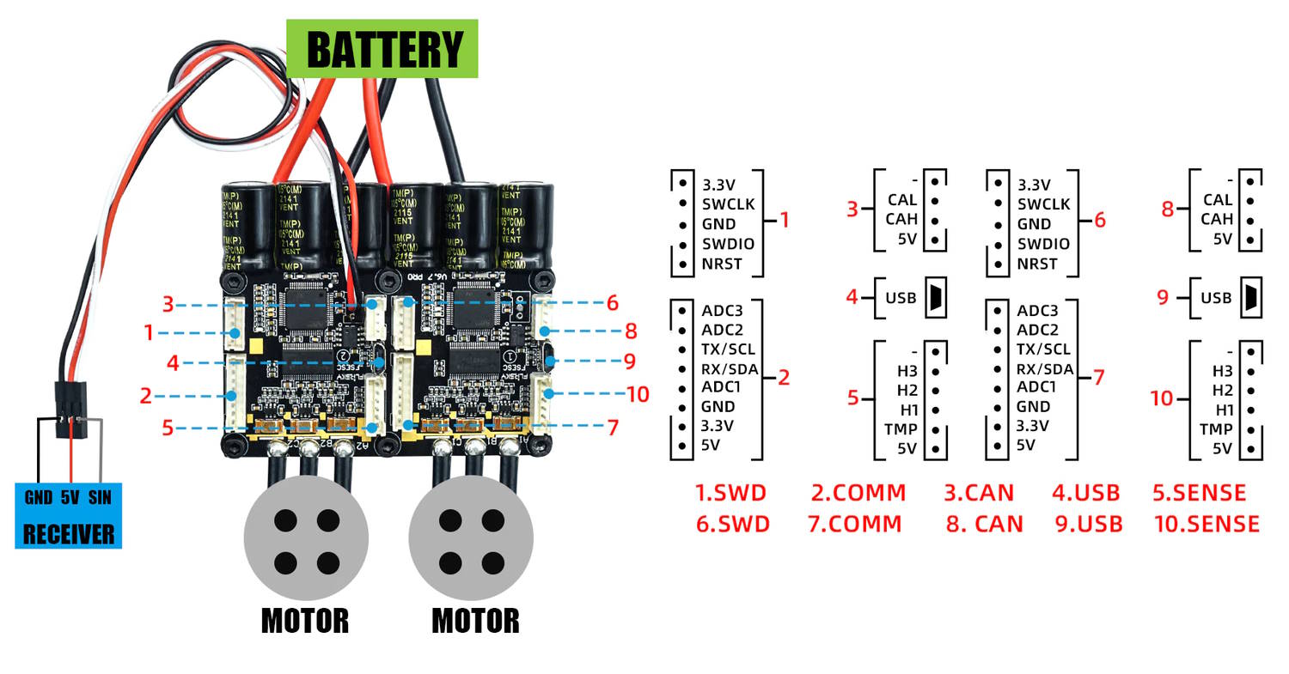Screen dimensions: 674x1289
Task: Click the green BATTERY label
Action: (382, 49)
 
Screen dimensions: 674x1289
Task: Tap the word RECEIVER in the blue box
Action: (68, 534)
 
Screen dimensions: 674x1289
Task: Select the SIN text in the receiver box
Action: (100, 498)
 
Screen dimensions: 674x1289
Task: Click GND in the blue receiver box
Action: (39, 498)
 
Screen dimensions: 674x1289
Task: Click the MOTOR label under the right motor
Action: (475, 621)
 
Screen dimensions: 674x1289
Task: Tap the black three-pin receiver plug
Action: (68, 409)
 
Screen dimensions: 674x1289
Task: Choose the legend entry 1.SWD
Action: (730, 493)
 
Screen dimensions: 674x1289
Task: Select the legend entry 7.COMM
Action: (855, 524)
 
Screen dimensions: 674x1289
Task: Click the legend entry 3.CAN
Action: (979, 493)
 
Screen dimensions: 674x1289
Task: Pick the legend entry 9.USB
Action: (1089, 524)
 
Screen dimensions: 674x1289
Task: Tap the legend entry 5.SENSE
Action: (1199, 493)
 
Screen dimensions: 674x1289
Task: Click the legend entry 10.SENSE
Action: (1207, 524)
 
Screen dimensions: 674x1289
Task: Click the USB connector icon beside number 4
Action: (934, 298)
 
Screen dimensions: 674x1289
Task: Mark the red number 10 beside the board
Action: (638, 394)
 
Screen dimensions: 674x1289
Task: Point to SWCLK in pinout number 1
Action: (728, 204)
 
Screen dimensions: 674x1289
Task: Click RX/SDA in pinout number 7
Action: (1045, 369)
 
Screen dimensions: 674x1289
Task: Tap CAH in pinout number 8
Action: (1217, 220)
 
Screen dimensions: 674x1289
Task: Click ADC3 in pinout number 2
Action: (723, 311)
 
